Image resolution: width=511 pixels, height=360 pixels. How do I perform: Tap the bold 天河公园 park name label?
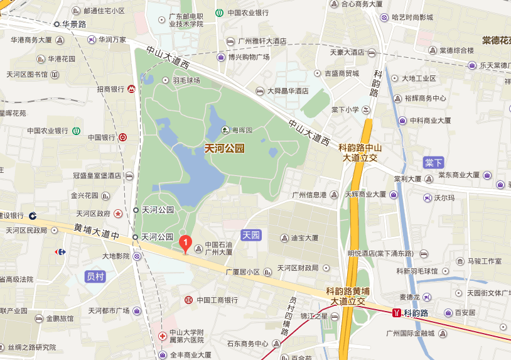(225, 149)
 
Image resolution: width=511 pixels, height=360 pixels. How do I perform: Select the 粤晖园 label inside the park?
(241, 130)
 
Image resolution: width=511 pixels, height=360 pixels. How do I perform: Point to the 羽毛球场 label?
(186, 80)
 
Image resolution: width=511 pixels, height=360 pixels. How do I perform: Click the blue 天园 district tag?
(251, 235)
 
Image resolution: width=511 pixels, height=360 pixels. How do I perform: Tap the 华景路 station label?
(74, 24)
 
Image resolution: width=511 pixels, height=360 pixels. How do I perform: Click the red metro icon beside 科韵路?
(396, 312)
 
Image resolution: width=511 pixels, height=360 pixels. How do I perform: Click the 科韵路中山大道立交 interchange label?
(360, 153)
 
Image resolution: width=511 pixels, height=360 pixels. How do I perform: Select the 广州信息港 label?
(309, 195)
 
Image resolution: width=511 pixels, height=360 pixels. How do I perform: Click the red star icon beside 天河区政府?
(118, 214)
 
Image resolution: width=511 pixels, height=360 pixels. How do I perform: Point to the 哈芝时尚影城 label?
(412, 17)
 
